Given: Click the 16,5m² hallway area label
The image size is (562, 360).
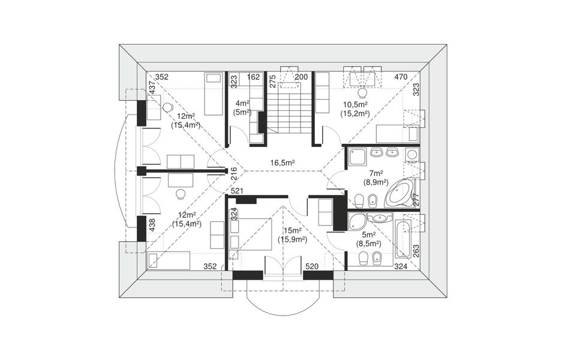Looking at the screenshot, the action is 282,163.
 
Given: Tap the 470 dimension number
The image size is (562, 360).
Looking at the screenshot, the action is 401,77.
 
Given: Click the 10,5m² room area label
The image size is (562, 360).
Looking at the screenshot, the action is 355,105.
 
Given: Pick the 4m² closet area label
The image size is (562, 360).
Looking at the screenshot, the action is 242,104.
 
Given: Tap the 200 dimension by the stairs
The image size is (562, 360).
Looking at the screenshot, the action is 301,77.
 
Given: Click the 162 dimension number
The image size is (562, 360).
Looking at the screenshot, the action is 253,77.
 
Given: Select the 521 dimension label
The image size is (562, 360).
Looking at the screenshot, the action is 237,191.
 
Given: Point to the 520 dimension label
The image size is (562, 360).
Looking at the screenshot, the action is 312,266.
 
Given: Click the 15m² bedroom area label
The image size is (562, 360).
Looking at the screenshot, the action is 293,230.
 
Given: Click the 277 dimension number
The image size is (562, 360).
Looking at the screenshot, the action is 416,200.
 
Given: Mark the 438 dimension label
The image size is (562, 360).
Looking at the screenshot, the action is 152,225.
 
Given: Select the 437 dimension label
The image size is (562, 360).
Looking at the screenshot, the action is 152,88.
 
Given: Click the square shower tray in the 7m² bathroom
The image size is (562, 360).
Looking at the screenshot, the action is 357,158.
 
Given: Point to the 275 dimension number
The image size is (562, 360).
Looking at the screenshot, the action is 272,81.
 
